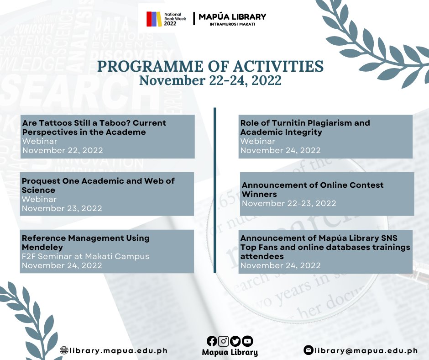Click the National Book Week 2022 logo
click(166, 19)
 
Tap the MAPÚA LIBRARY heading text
click(232, 17)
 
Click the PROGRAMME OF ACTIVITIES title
click(210, 67)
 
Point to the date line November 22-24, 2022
click(210, 81)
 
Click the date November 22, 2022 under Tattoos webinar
click(63, 150)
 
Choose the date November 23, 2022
click(62, 208)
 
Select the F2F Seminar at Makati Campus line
click(85, 256)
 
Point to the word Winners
click(259, 194)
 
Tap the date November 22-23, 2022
click(289, 203)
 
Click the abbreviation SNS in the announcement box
click(388, 238)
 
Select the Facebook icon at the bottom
click(212, 341)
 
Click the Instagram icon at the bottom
click(224, 341)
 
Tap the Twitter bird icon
click(235, 341)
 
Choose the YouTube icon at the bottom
click(247, 341)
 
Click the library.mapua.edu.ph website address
click(119, 351)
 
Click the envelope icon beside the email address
click(309, 350)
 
